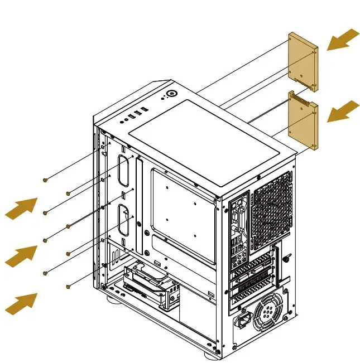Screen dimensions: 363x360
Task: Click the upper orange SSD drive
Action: [x=303, y=60]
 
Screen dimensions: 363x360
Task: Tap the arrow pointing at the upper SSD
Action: [x=342, y=40]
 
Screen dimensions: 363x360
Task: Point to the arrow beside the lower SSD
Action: [x=342, y=112]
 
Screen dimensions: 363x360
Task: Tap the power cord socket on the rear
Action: [x=243, y=322]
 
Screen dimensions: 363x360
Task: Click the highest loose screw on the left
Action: [x=46, y=180]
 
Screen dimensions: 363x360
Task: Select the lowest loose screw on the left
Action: [x=68, y=286]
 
